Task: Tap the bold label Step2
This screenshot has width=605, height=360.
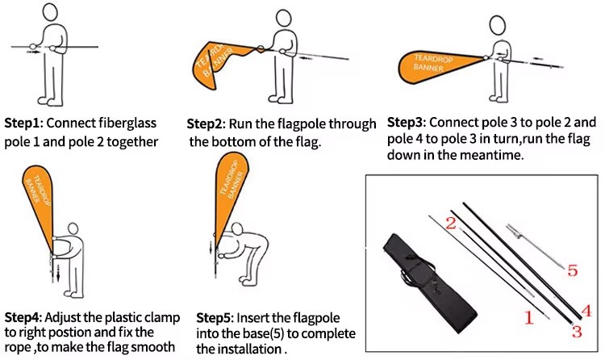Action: click(205, 124)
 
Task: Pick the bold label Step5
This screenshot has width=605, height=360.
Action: click(215, 318)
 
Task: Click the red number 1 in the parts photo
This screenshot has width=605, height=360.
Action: click(529, 317)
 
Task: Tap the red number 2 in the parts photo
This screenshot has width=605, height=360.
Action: click(450, 223)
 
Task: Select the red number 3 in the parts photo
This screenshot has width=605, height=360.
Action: click(577, 332)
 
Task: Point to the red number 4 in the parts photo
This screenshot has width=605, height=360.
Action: click(586, 311)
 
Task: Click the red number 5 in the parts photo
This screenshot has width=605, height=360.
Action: click(573, 270)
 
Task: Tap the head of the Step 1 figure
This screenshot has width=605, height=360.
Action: click(50, 12)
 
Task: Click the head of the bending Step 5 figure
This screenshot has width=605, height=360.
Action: click(237, 228)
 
